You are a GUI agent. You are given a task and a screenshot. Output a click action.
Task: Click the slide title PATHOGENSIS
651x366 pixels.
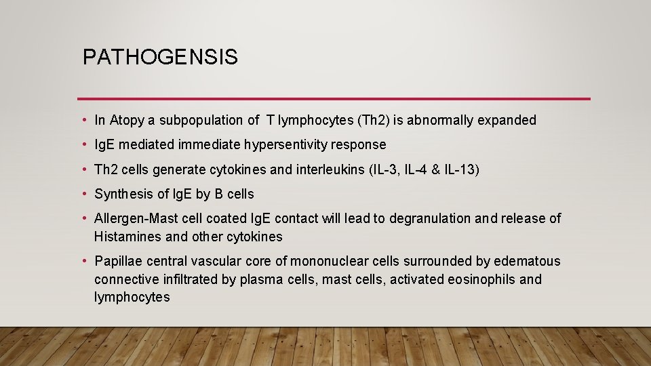click(160, 57)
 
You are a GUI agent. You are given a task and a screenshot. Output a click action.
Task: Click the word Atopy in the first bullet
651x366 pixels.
click(126, 121)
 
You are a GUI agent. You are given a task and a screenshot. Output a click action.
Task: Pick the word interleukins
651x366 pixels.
click(331, 169)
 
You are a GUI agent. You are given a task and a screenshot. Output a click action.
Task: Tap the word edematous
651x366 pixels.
click(527, 262)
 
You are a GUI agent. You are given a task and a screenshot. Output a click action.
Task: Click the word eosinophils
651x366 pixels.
click(481, 279)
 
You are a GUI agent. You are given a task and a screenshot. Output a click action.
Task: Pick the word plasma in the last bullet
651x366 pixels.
click(258, 279)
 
